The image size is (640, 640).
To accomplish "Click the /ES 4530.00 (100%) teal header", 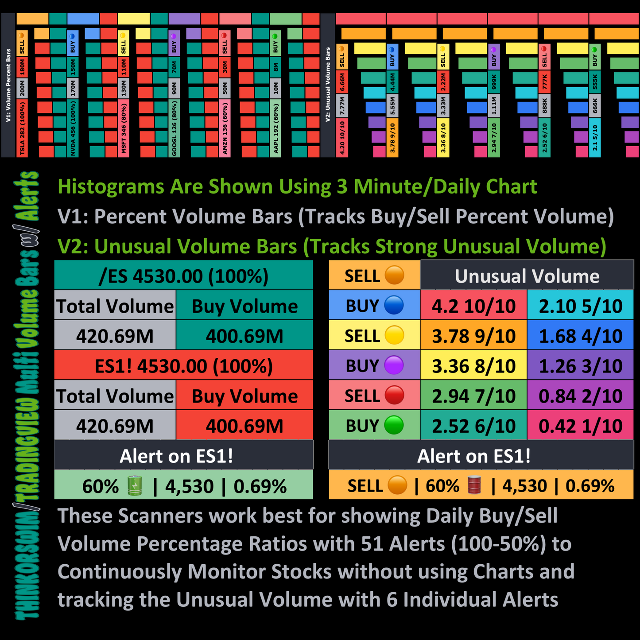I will click(x=183, y=276).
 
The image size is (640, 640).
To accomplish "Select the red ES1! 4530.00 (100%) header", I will click(x=183, y=366).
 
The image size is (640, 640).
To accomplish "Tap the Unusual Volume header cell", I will click(x=527, y=276).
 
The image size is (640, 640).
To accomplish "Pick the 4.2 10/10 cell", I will click(x=473, y=306).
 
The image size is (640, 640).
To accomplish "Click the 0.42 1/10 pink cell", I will click(x=580, y=426).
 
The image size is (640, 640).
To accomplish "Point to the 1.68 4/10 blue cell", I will click(x=580, y=336).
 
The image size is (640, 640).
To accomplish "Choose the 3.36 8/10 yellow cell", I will click(x=473, y=366).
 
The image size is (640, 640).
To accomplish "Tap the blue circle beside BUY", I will click(x=394, y=306).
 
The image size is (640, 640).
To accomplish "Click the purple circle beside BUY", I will click(x=394, y=366).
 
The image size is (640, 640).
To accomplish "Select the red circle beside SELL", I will click(x=394, y=396).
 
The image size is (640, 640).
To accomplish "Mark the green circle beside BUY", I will click(x=394, y=426).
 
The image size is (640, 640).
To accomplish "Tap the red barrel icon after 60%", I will click(x=474, y=485).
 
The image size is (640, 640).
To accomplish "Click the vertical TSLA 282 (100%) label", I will click(x=22, y=128).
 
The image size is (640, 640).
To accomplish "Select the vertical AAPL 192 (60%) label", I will click(x=275, y=128).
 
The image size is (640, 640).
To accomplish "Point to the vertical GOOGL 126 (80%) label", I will click(x=174, y=128).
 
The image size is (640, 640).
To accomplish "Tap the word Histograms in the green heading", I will click(x=111, y=186).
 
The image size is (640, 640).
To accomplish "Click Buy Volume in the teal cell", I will click(x=244, y=306).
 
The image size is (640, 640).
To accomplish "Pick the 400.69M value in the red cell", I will click(x=244, y=426).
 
